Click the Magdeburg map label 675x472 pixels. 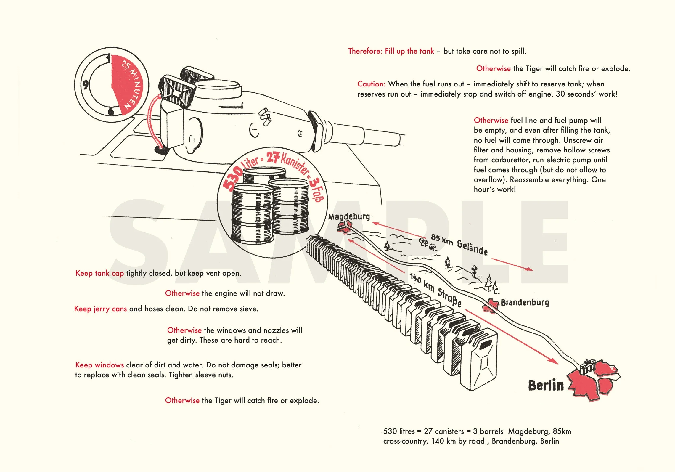(349, 216)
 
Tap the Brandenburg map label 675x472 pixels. (525, 302)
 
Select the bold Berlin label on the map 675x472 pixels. (546, 385)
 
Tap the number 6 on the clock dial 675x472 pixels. (111, 111)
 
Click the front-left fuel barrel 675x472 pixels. (252, 213)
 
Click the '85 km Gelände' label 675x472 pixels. (459, 245)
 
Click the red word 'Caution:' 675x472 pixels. (371, 84)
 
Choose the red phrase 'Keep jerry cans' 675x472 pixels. (100, 309)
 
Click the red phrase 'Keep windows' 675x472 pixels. (99, 365)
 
